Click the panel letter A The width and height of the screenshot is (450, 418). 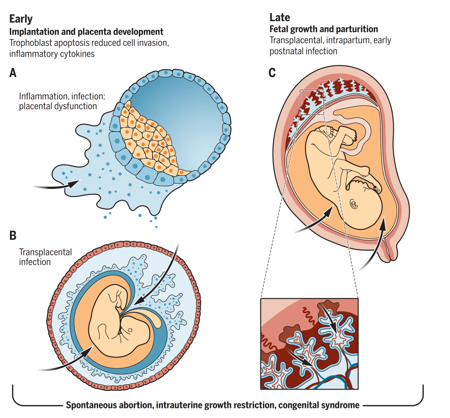pyautogui.click(x=13, y=73)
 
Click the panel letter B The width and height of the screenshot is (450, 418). pyautogui.click(x=13, y=235)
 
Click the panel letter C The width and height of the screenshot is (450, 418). pyautogui.click(x=272, y=73)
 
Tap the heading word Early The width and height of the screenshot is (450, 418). pyautogui.click(x=21, y=19)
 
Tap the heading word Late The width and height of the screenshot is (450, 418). pyautogui.click(x=280, y=18)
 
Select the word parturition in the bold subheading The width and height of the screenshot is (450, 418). pyautogui.click(x=358, y=29)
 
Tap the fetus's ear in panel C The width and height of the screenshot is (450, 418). pyautogui.click(x=354, y=204)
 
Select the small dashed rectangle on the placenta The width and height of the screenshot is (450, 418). pyautogui.click(x=312, y=102)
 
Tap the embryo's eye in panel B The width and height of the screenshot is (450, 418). pyautogui.click(x=130, y=330)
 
